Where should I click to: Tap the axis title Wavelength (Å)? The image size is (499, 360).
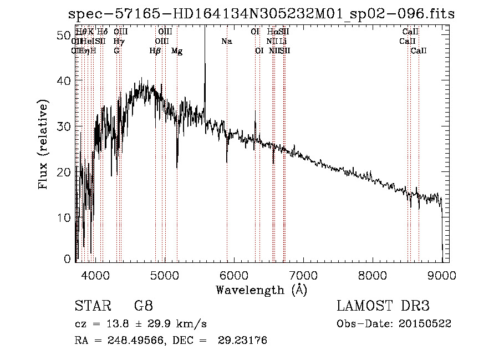pyautogui.click(x=261, y=290)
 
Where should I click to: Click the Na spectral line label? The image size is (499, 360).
pyautogui.click(x=226, y=42)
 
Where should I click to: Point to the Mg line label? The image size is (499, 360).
pyautogui.click(x=177, y=51)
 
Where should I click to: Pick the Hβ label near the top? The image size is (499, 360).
pyautogui.click(x=155, y=51)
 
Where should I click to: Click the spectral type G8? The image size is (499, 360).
pyautogui.click(x=143, y=306)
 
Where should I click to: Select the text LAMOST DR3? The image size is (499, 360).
pyautogui.click(x=383, y=306)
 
